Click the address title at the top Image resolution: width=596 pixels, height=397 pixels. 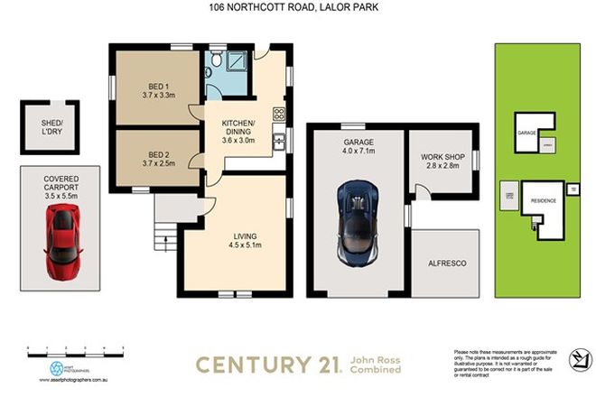point(297,7)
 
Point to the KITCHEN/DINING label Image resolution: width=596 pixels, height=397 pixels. point(239,134)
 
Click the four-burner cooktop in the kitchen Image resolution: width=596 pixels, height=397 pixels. point(279,115)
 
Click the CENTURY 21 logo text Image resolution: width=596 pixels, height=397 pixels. point(267,365)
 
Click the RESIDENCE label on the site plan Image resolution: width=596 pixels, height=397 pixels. point(543,201)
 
